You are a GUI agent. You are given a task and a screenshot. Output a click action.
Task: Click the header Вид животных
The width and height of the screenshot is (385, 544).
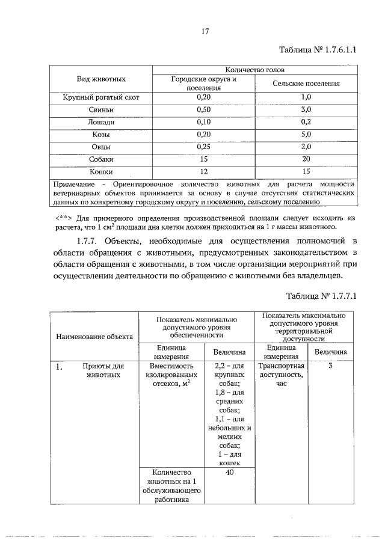point(100,79)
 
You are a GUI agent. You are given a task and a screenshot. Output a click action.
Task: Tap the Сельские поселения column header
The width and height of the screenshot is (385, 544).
point(306,84)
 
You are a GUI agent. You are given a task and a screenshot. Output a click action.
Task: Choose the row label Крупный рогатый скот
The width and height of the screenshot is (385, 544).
point(100,97)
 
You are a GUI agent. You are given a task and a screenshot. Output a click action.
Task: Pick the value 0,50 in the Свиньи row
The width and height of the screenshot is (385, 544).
point(204,109)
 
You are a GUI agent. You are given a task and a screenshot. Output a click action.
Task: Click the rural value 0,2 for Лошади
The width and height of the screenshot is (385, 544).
point(306,122)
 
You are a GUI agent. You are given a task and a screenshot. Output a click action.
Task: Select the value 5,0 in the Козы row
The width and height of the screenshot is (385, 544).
point(306,135)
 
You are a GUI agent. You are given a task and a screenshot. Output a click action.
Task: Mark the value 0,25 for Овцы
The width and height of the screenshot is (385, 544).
point(204,147)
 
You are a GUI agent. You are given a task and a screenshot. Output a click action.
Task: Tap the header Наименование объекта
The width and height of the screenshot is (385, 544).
point(94,337)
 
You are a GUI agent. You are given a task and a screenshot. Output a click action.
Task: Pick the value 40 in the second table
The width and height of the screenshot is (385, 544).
point(229,472)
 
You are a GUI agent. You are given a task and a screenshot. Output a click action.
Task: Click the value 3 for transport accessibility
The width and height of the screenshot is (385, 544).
point(330,365)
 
